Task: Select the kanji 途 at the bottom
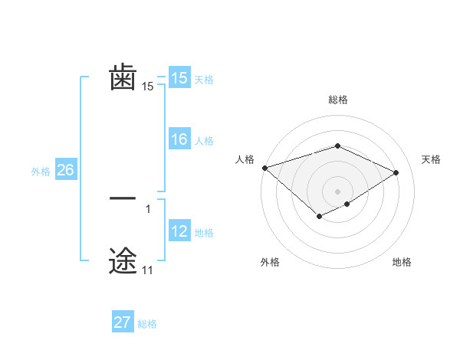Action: pos(123,260)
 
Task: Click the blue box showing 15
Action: pos(179,78)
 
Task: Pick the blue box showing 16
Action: pos(179,139)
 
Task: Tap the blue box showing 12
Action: pos(179,231)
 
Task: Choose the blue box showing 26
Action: pos(65,170)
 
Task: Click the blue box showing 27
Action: pos(123,322)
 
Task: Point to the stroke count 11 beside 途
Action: pos(147,270)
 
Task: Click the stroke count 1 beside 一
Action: pos(147,208)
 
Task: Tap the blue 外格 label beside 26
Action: pos(41,172)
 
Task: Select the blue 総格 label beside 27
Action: pos(147,324)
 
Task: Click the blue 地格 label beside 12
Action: pos(204,233)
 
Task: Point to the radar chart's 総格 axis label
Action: pos(337,100)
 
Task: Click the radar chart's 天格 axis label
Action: pos(431,159)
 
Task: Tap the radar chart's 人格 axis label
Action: pos(245,159)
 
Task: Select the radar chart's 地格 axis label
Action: pos(402,262)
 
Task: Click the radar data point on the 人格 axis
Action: pos(264,168)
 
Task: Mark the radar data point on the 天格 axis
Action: pos(396,172)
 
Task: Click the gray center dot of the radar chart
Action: pos(337,191)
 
